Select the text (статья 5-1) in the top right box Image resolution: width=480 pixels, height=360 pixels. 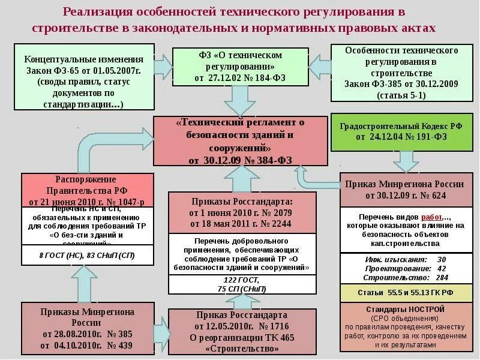pyautogui.click(x=401, y=95)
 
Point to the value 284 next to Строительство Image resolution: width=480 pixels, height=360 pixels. pyautogui.click(x=442, y=277)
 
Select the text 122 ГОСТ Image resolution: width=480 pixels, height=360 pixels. pyautogui.click(x=241, y=280)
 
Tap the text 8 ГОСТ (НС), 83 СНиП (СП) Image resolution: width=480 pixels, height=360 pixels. pyautogui.click(x=78, y=256)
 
